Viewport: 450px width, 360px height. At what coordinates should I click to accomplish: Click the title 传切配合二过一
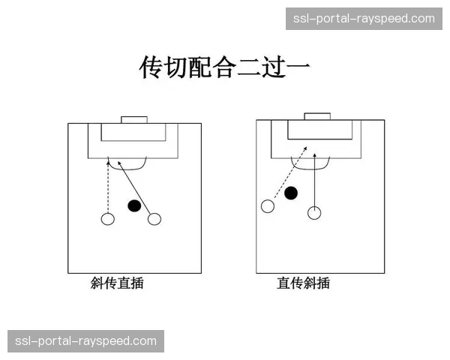click(x=225, y=67)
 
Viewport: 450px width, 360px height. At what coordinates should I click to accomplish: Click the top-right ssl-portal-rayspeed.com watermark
click(x=363, y=19)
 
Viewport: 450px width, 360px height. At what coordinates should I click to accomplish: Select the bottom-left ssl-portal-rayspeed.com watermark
click(x=86, y=341)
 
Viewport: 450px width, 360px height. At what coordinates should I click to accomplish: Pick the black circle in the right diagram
click(x=291, y=193)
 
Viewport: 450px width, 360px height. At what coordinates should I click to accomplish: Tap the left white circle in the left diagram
click(x=107, y=219)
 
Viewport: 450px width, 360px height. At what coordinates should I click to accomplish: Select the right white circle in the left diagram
click(x=154, y=219)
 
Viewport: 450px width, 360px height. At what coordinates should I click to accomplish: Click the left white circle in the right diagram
click(x=267, y=206)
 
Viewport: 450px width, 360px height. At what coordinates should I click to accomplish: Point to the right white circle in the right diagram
click(x=314, y=213)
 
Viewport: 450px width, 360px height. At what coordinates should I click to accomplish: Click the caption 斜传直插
click(x=117, y=283)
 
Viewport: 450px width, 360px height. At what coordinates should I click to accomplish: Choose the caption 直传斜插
click(x=303, y=283)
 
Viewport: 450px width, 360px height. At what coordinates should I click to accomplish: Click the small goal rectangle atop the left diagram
click(x=135, y=119)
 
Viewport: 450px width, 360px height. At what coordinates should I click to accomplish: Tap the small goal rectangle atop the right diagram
click(x=317, y=116)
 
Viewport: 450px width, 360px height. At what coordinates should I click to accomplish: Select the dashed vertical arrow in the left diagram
click(x=108, y=187)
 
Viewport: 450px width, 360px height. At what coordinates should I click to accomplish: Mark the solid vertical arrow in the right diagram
click(x=315, y=180)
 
